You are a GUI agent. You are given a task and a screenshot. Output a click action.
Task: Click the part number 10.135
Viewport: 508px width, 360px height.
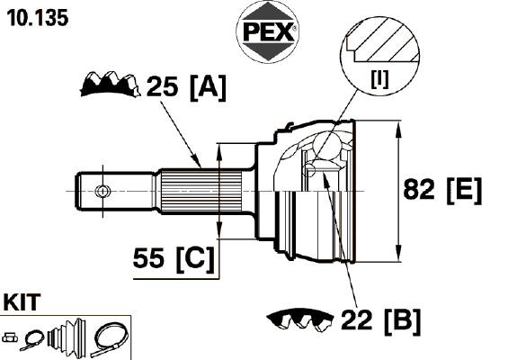(38, 17)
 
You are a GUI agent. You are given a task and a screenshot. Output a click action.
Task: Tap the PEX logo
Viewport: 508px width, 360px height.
(268, 32)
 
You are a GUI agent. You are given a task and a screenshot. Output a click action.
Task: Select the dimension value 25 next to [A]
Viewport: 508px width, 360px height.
(163, 86)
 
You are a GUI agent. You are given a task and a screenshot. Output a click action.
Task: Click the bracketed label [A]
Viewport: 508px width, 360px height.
(208, 87)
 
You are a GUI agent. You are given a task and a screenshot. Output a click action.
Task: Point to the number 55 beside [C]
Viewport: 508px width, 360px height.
(148, 257)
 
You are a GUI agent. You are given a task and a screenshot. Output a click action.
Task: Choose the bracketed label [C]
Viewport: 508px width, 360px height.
(195, 259)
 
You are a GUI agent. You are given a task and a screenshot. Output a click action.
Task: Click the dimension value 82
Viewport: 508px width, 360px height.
(419, 189)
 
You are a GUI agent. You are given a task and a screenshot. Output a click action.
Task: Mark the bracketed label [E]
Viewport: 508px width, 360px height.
(464, 191)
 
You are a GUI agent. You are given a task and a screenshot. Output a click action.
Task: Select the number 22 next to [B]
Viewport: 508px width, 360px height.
(356, 319)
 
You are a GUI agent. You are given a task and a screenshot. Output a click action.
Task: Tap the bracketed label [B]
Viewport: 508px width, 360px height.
(403, 321)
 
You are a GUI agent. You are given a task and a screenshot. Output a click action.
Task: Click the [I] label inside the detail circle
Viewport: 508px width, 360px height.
(379, 79)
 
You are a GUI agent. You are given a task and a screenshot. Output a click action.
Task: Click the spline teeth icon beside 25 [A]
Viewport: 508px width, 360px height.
(111, 85)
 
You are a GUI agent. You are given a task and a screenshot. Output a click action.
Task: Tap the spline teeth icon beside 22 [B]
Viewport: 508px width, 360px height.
(299, 319)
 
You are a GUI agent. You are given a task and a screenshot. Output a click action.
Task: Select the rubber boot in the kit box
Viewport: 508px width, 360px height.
(67, 336)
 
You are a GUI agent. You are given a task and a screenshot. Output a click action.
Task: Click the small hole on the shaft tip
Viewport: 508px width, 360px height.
(102, 191)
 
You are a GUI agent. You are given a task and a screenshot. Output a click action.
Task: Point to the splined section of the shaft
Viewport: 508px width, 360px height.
(201, 191)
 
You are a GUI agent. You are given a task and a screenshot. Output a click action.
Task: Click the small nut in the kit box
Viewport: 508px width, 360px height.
(10, 337)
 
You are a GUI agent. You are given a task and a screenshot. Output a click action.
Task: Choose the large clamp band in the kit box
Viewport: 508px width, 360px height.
(110, 340)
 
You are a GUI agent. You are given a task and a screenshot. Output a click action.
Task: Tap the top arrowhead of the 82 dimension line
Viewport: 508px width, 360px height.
(398, 128)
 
